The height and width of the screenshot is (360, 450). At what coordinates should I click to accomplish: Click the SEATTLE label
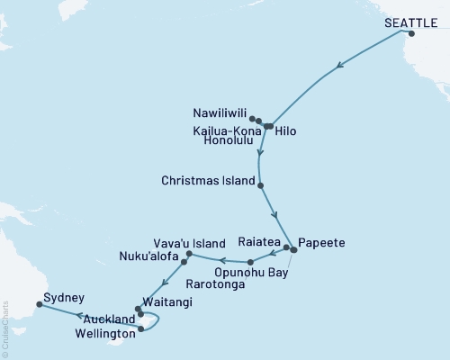[407, 22]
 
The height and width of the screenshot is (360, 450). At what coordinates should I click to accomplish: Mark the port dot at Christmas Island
[261, 185]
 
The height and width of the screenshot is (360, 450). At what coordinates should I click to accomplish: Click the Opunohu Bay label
[251, 273]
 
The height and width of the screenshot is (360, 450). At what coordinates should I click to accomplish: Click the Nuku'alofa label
[149, 256]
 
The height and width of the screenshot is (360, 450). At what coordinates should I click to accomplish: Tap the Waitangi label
[166, 303]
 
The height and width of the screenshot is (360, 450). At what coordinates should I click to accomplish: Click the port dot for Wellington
[142, 329]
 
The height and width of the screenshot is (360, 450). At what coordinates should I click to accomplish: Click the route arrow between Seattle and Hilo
[340, 66]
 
